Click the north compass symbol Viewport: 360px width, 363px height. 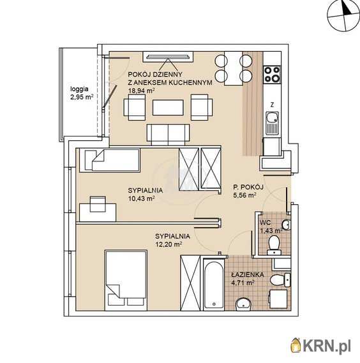(x=343, y=16)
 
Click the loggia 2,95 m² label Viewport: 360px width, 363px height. (x=82, y=93)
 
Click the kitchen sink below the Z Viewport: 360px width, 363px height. (x=272, y=123)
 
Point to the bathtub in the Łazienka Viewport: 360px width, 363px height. (x=214, y=285)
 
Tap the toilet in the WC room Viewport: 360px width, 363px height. (x=274, y=245)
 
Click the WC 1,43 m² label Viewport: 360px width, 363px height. (x=271, y=226)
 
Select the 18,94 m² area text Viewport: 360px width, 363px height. (x=141, y=91)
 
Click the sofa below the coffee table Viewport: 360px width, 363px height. (x=168, y=135)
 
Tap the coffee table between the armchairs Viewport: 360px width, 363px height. (x=168, y=107)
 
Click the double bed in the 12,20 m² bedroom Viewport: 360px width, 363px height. (x=126, y=280)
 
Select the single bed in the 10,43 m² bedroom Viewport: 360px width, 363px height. (x=110, y=160)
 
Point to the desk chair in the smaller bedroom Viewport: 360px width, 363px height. (x=98, y=204)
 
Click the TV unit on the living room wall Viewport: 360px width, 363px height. (x=168, y=57)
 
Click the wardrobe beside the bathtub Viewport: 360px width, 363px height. (x=190, y=283)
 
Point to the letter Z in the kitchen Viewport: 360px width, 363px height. (x=272, y=105)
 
